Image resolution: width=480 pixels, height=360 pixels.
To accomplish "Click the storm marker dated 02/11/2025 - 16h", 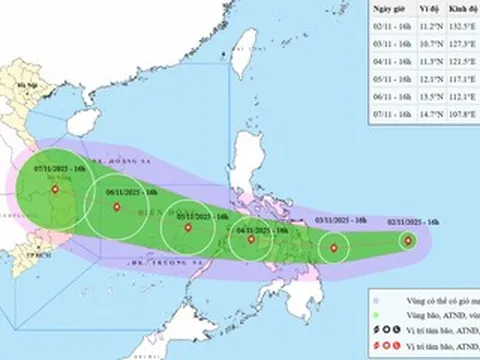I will pyautogui.click(x=407, y=240).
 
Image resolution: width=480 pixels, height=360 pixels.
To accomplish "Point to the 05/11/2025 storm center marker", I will pyautogui.click(x=188, y=228).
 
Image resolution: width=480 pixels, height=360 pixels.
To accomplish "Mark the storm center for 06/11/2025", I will pyautogui.click(x=118, y=208).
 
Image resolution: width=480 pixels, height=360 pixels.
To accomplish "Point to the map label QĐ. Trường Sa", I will pyautogui.click(x=156, y=263).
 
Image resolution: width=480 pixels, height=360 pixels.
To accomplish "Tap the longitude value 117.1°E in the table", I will pyautogui.click(x=463, y=81).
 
